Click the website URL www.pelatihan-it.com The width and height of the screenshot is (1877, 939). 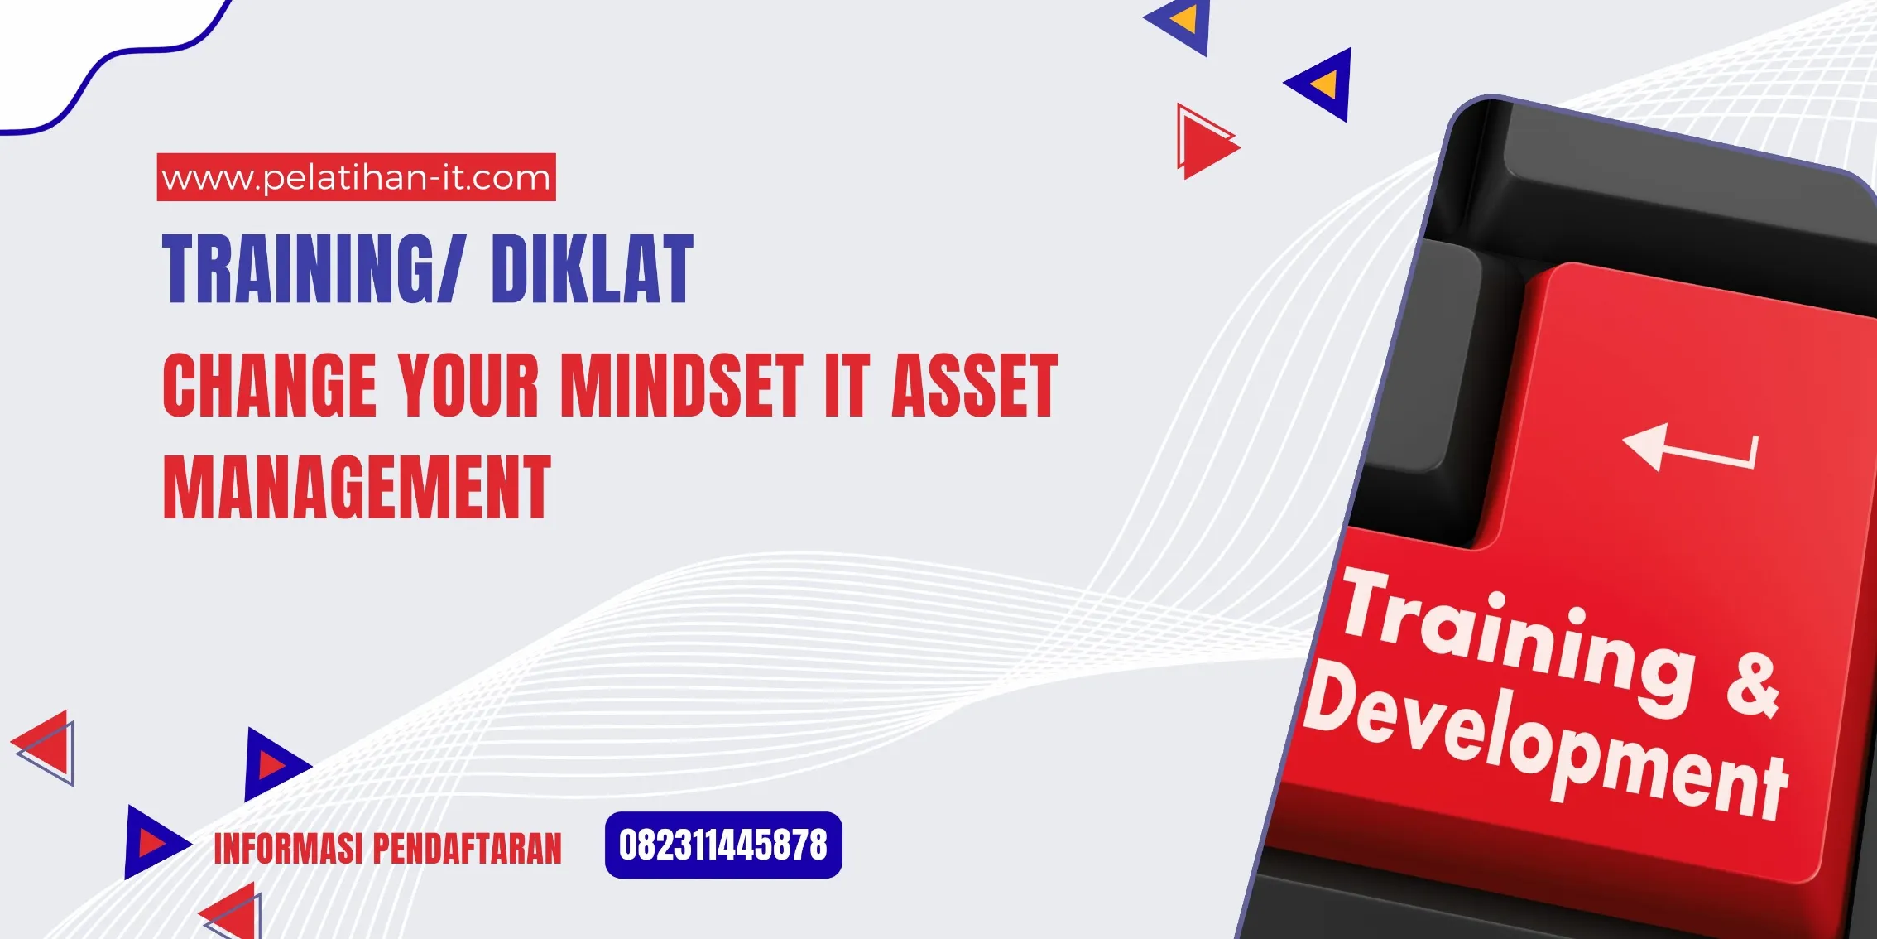[356, 178]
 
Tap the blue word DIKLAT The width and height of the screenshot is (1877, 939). [592, 269]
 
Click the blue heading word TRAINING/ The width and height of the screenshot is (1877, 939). [314, 269]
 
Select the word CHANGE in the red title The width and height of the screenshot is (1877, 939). [270, 385]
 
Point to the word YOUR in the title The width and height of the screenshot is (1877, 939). [468, 385]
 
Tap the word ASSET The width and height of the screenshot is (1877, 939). [974, 385]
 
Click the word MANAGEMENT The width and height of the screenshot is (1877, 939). [357, 488]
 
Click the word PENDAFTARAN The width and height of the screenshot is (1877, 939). [467, 849]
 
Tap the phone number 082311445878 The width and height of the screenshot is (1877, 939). [723, 845]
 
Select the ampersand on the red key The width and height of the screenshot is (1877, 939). [1753, 686]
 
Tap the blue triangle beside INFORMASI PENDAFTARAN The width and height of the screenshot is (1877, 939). [154, 842]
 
